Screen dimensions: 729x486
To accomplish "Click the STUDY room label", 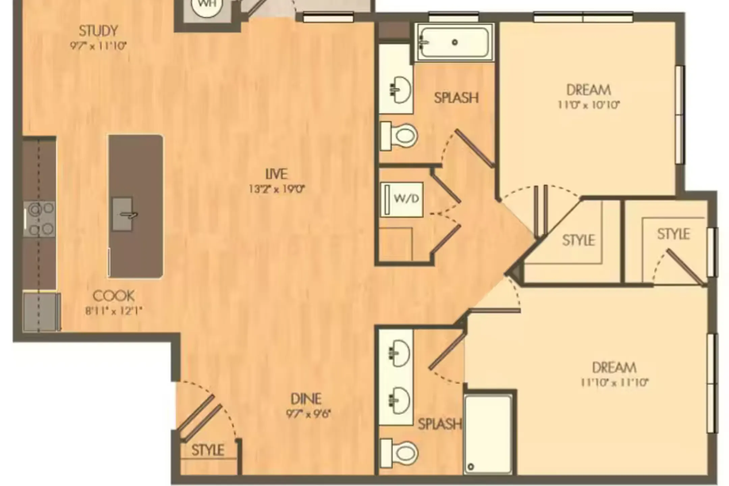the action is pos(99,31).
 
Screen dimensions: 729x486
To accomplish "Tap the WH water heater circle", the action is pos(207,6).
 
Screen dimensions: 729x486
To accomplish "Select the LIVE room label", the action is pos(276,174).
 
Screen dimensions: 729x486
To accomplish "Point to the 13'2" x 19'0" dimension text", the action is pos(277,189).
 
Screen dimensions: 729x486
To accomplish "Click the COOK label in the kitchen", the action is pos(114,296).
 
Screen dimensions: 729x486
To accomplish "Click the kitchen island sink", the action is pos(122,214).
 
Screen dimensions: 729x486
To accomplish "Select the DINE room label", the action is pos(306,399).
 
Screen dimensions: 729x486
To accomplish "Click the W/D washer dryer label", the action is pos(406,198).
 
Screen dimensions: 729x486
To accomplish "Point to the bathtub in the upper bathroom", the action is pos(454,43).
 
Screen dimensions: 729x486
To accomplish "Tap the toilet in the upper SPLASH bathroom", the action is pos(399,136).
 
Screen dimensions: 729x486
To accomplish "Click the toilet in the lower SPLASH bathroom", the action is pos(399,453).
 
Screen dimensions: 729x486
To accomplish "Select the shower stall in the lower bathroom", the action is pos(488,435).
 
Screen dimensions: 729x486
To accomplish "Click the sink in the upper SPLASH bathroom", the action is pos(400,89).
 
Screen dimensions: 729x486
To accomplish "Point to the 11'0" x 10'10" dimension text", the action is pos(589,105).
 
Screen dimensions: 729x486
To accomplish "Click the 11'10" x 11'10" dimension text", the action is pos(614,382).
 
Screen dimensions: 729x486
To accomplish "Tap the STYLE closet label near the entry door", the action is pos(208,450).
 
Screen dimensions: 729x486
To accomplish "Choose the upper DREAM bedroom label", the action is pos(589,90).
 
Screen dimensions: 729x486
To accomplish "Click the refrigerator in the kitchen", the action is pos(42,312).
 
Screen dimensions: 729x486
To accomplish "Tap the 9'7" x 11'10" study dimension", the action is pos(98,46).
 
